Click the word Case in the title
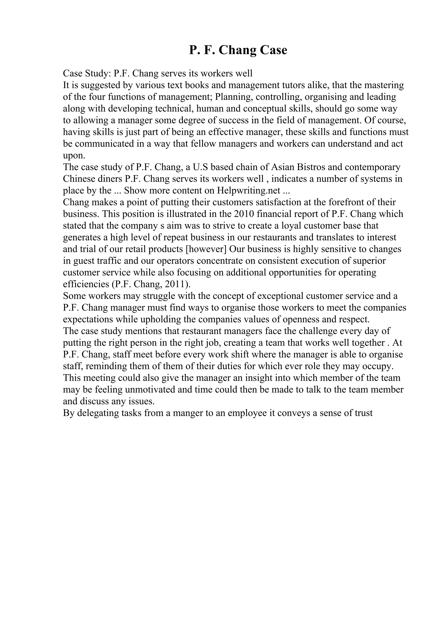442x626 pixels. (x=273, y=50)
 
